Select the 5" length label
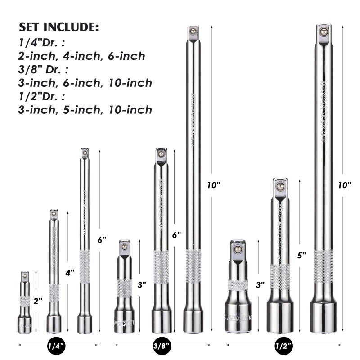tap(301, 255)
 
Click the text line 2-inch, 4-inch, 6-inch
tap(81, 56)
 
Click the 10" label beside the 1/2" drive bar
tap(344, 185)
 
